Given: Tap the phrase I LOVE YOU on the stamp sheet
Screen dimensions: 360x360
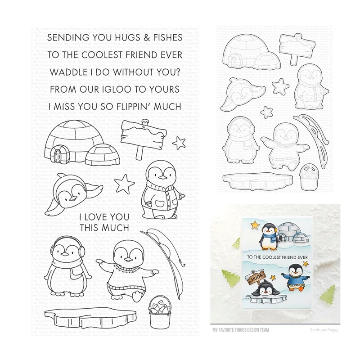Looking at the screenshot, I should click(104, 217).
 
